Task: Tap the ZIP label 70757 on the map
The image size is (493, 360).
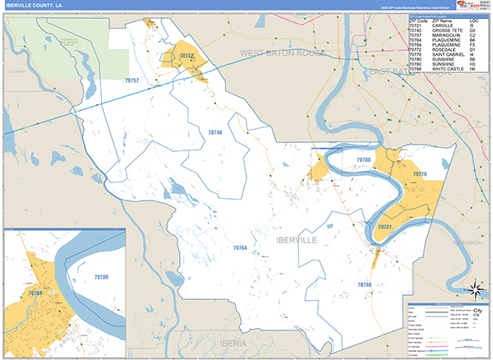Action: pyautogui.click(x=131, y=81)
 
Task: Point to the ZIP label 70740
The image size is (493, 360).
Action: pyautogui.click(x=214, y=132)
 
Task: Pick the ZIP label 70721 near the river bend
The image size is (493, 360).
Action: pyautogui.click(x=385, y=225)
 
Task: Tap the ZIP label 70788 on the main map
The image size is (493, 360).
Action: pyautogui.click(x=364, y=284)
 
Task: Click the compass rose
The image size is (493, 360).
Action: pyautogui.click(x=474, y=288)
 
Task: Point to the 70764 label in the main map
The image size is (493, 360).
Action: pyautogui.click(x=240, y=247)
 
